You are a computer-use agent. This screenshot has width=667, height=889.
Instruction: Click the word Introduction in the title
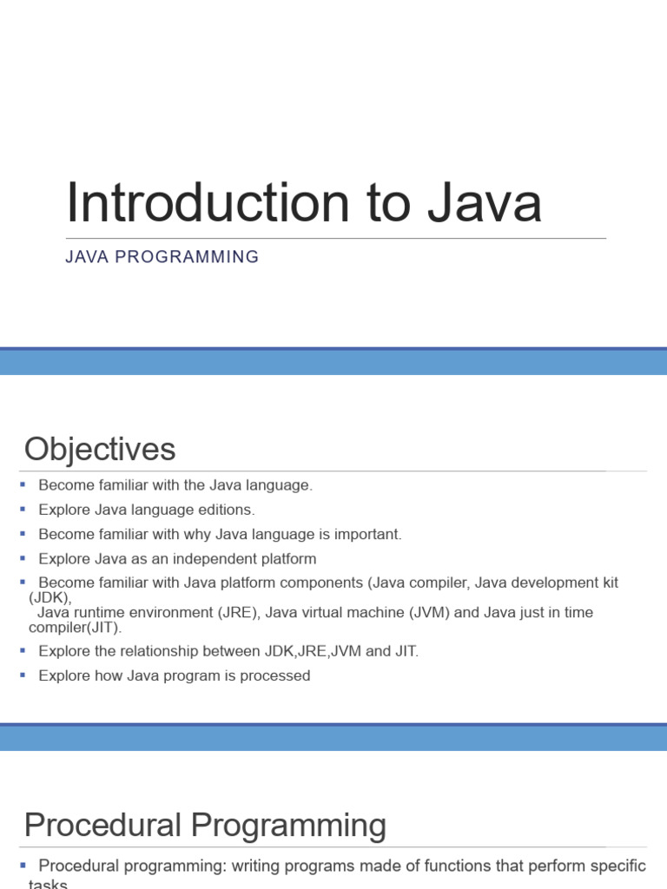click(208, 202)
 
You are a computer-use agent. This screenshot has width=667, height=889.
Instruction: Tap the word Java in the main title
click(485, 202)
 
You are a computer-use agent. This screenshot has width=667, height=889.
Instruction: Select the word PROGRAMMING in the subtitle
click(187, 257)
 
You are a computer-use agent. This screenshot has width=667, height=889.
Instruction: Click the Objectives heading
click(100, 449)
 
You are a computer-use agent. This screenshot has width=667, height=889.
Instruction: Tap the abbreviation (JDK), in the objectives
click(50, 597)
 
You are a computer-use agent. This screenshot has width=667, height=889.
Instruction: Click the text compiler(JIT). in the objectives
click(75, 628)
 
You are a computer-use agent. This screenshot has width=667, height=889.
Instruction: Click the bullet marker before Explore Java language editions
click(23, 509)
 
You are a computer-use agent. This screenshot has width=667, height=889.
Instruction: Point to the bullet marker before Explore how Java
click(23, 675)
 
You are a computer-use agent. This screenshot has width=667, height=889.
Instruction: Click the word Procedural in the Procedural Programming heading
click(103, 825)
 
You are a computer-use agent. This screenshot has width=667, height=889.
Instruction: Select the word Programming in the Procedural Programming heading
click(288, 826)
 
